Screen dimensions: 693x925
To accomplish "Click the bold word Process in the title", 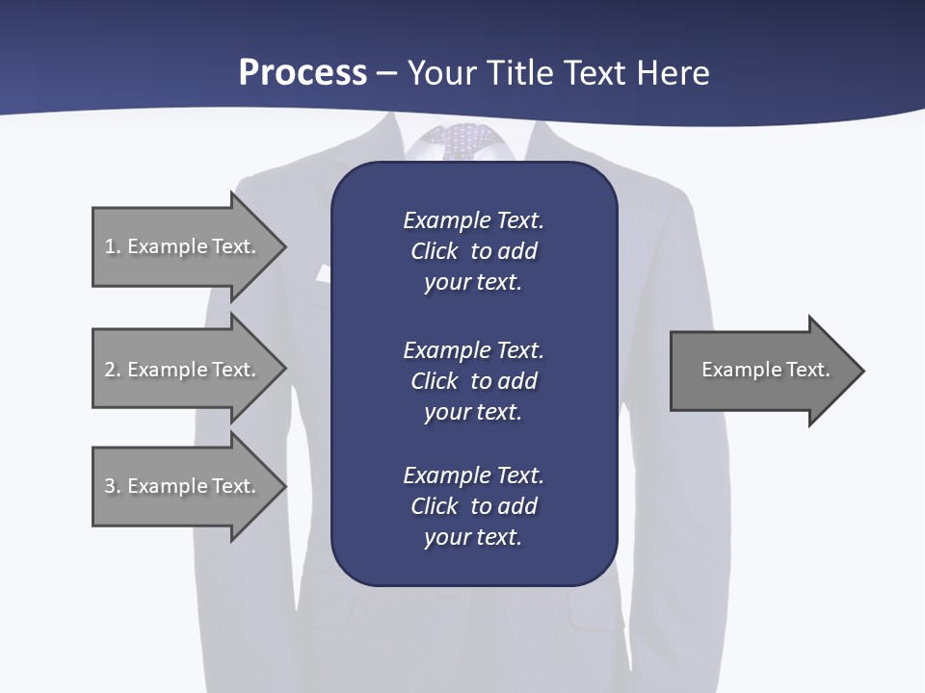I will [x=303, y=73].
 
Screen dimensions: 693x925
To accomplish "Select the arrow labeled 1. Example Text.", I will [x=183, y=246].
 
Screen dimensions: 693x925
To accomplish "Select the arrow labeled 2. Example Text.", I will [x=183, y=370].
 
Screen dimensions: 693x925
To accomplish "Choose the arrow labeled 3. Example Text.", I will [x=183, y=486].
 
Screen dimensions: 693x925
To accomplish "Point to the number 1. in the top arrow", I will [x=112, y=246].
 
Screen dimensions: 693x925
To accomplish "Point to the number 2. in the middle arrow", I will [x=112, y=370].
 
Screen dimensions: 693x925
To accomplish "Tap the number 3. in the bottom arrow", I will [x=112, y=486].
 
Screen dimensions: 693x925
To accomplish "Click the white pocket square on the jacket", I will [x=323, y=273].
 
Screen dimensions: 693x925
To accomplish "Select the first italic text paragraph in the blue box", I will [x=473, y=251].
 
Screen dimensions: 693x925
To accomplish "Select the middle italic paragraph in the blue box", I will [x=473, y=380].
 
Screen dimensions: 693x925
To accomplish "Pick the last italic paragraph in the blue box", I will [x=473, y=506].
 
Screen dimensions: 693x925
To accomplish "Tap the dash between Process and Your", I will [x=386, y=73].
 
